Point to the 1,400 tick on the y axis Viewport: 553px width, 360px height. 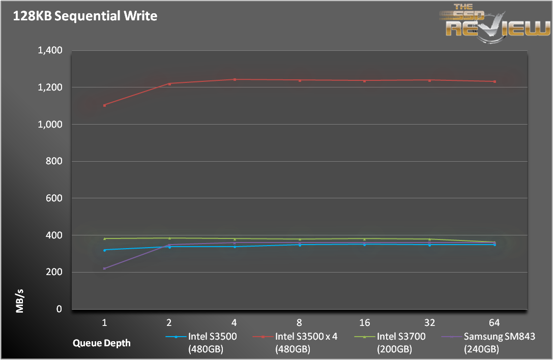pos(50,50)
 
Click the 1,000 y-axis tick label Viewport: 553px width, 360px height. pos(50,125)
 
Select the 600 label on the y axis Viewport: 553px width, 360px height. pos(54,198)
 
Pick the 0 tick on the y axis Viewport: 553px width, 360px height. pos(59,309)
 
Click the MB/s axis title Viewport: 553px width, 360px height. pos(20,301)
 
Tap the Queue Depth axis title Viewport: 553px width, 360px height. pos(101,343)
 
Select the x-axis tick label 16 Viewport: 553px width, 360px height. pos(364,322)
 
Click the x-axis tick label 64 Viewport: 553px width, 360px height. pos(494,322)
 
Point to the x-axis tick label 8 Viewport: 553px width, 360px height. pos(299,322)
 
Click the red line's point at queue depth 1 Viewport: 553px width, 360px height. pos(104,105)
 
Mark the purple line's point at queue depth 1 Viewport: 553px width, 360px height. pos(104,268)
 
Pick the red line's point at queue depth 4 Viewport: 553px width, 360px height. pos(235,79)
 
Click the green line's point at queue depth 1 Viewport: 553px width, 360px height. pos(104,238)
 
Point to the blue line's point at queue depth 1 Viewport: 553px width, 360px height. pos(104,250)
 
